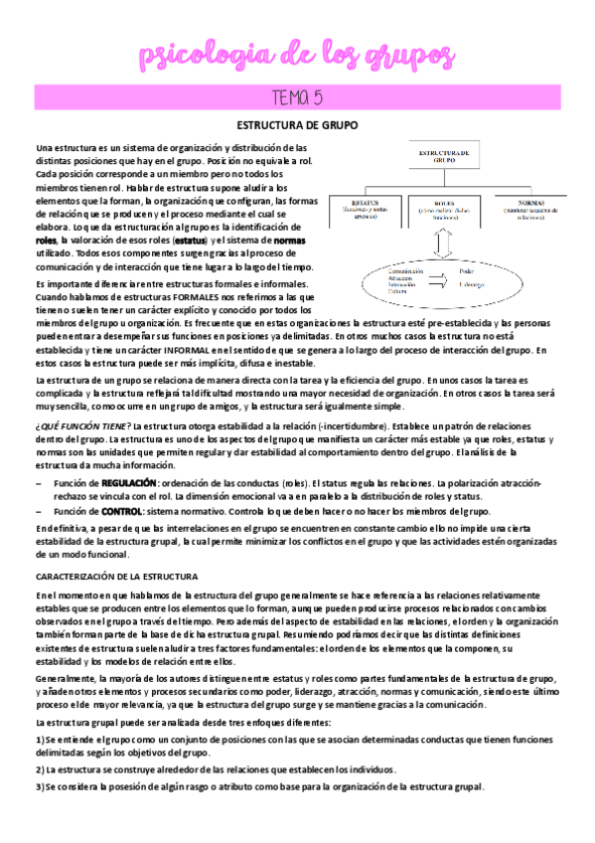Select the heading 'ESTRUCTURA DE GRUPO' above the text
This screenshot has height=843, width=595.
[x=297, y=125]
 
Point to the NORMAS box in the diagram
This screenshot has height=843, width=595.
[x=523, y=212]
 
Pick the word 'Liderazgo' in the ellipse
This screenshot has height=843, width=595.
[x=476, y=284]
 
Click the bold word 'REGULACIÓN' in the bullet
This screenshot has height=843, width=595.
[x=128, y=482]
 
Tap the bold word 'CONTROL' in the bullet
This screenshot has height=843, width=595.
[x=120, y=511]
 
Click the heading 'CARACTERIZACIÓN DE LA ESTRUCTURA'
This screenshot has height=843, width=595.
[x=117, y=577]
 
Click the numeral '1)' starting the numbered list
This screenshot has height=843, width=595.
[x=39, y=741]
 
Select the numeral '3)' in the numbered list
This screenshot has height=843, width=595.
[x=39, y=786]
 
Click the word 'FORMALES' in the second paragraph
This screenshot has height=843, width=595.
[x=204, y=296]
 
